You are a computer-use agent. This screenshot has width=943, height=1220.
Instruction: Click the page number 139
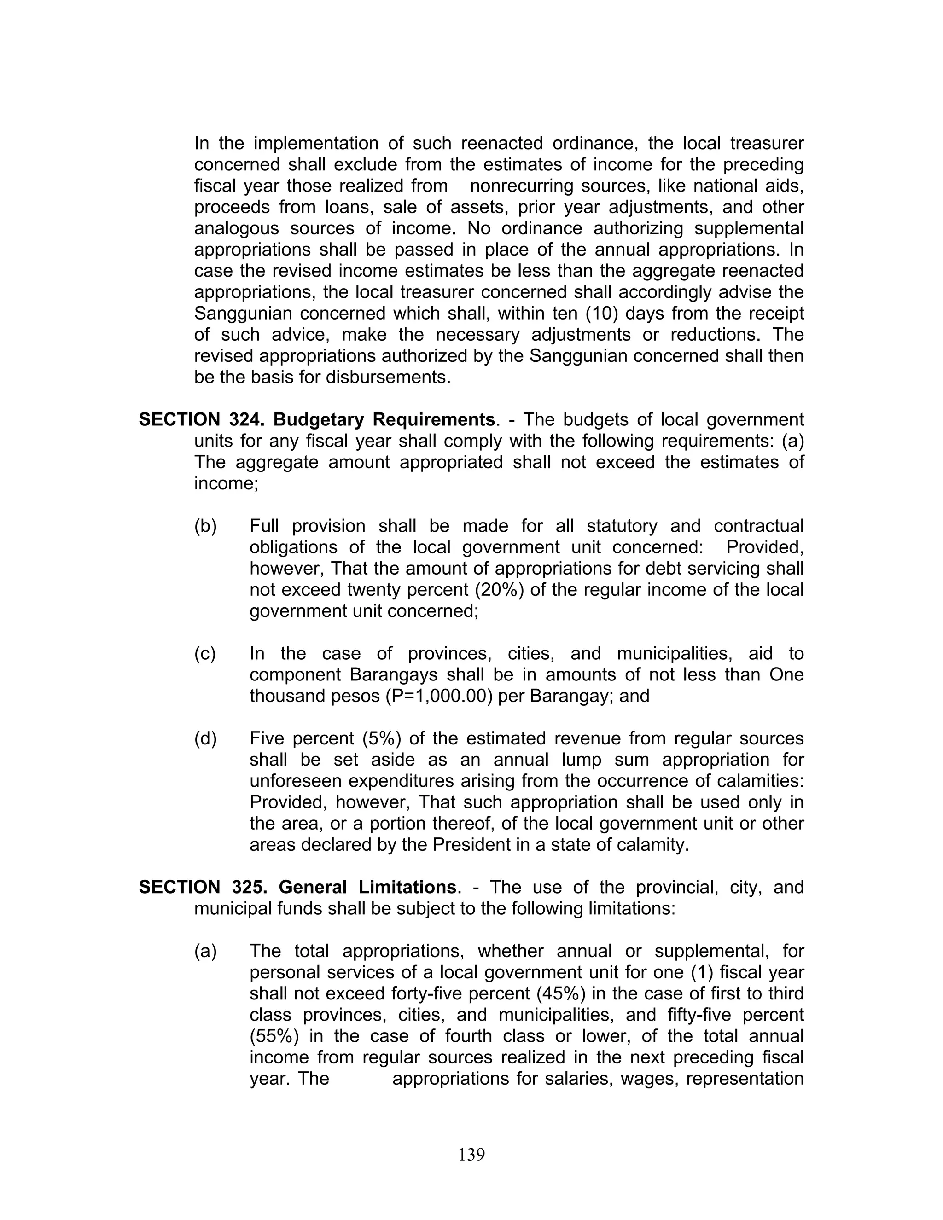pyautogui.click(x=471, y=1154)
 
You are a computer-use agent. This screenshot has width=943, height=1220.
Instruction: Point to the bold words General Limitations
pyautogui.click(x=367, y=887)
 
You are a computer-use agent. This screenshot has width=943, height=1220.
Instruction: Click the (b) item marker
pyautogui.click(x=205, y=526)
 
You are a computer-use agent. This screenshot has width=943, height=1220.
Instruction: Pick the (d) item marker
pyautogui.click(x=205, y=738)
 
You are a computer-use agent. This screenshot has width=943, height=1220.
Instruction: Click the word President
pyautogui.click(x=471, y=845)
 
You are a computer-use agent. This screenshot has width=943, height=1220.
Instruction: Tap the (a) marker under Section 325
pyautogui.click(x=205, y=951)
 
